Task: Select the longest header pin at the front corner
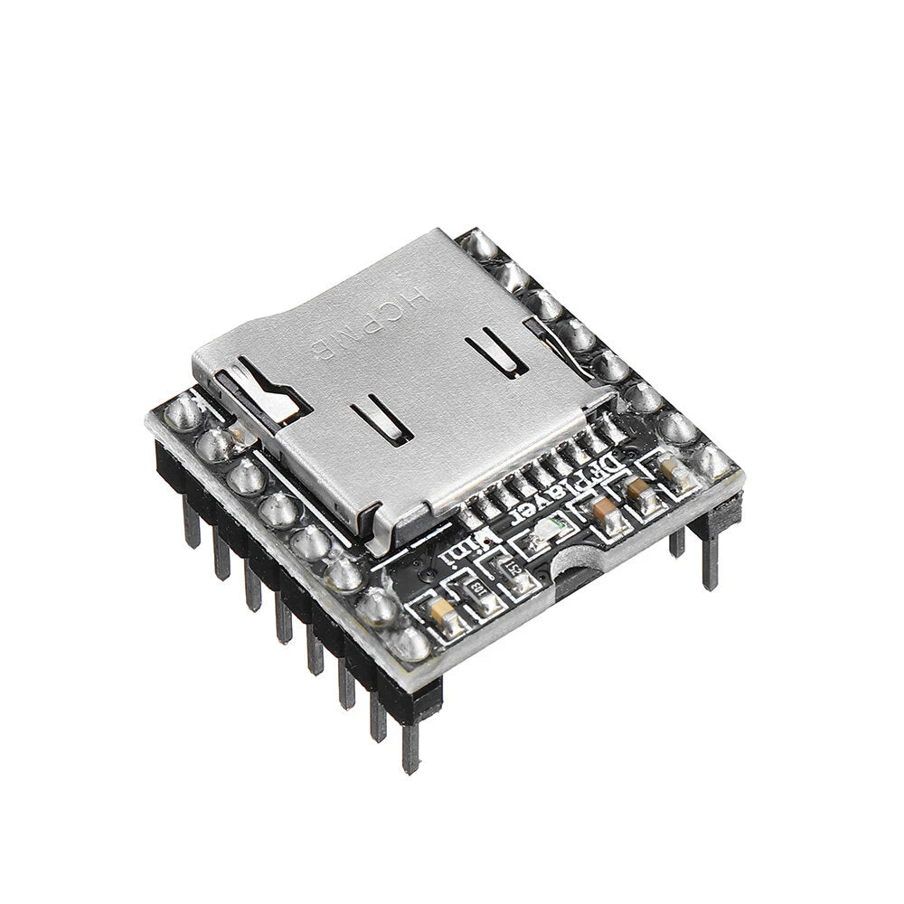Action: click(x=411, y=741)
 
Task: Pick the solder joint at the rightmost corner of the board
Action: click(x=713, y=462)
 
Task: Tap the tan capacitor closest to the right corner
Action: click(x=670, y=467)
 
